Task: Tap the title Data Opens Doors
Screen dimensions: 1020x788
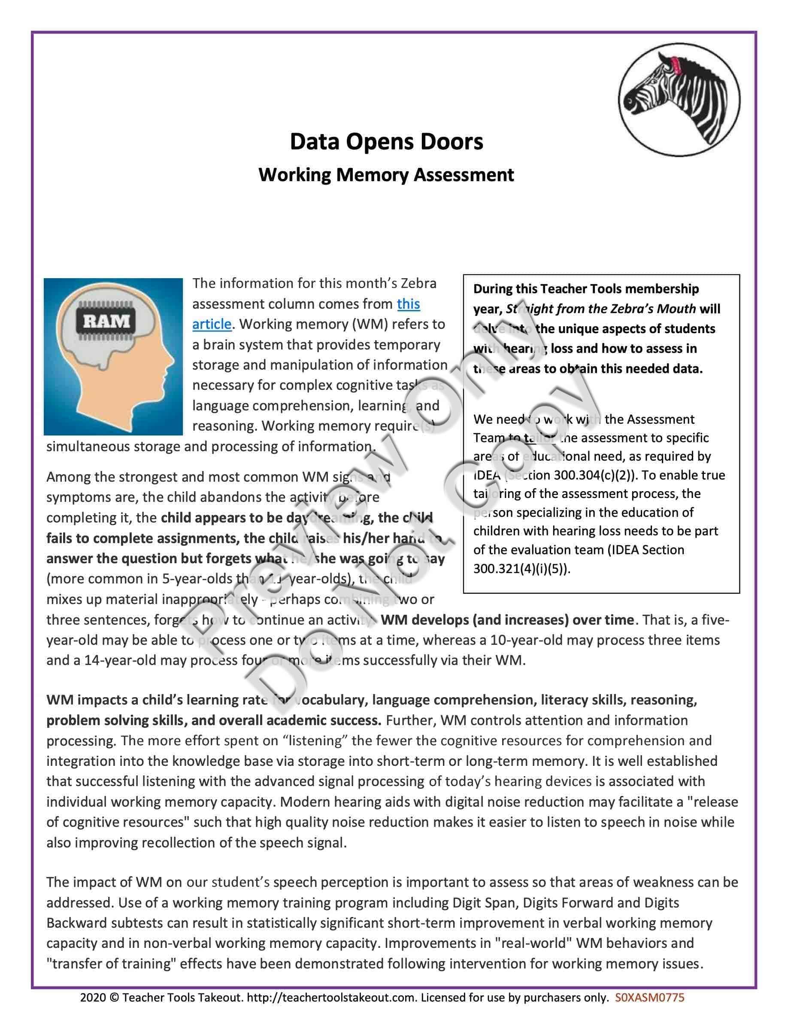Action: [387, 142]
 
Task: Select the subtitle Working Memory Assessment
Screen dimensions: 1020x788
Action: [386, 175]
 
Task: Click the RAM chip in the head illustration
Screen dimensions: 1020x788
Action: [106, 321]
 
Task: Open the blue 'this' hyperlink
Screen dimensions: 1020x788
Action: [408, 304]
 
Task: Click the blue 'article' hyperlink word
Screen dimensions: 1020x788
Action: [212, 324]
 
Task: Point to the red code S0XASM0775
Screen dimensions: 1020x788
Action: [650, 998]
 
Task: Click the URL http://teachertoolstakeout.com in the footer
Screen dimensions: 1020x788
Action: [330, 998]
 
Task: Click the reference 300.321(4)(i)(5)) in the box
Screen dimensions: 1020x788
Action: [521, 568]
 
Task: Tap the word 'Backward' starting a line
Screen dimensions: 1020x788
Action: [74, 923]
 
